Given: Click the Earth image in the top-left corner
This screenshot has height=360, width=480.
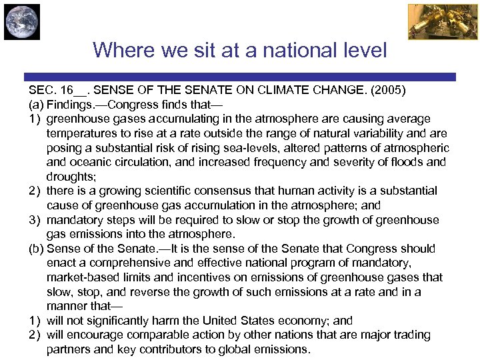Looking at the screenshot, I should click(22, 22).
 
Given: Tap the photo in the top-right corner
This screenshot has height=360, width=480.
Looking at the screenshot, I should click(433, 22).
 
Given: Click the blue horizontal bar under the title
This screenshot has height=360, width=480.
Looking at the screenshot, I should click(240, 77).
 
